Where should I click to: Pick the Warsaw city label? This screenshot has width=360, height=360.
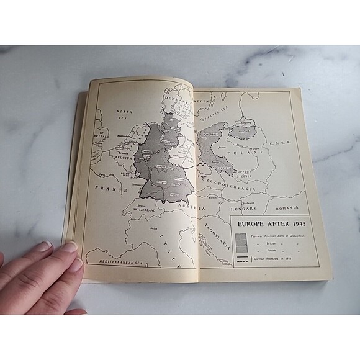coord(243,142)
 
